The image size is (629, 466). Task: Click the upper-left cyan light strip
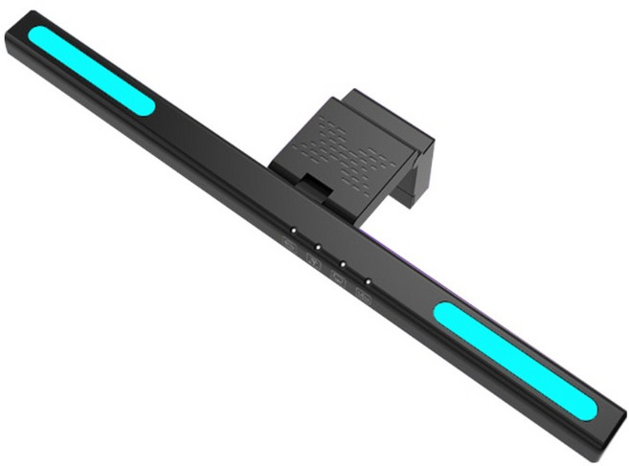click(x=91, y=70)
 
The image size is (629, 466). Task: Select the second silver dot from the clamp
click(x=317, y=246)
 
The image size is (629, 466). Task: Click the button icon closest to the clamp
click(x=288, y=241)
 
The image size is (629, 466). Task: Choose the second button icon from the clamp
click(x=312, y=257)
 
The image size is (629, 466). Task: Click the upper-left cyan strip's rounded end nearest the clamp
click(x=145, y=104)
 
